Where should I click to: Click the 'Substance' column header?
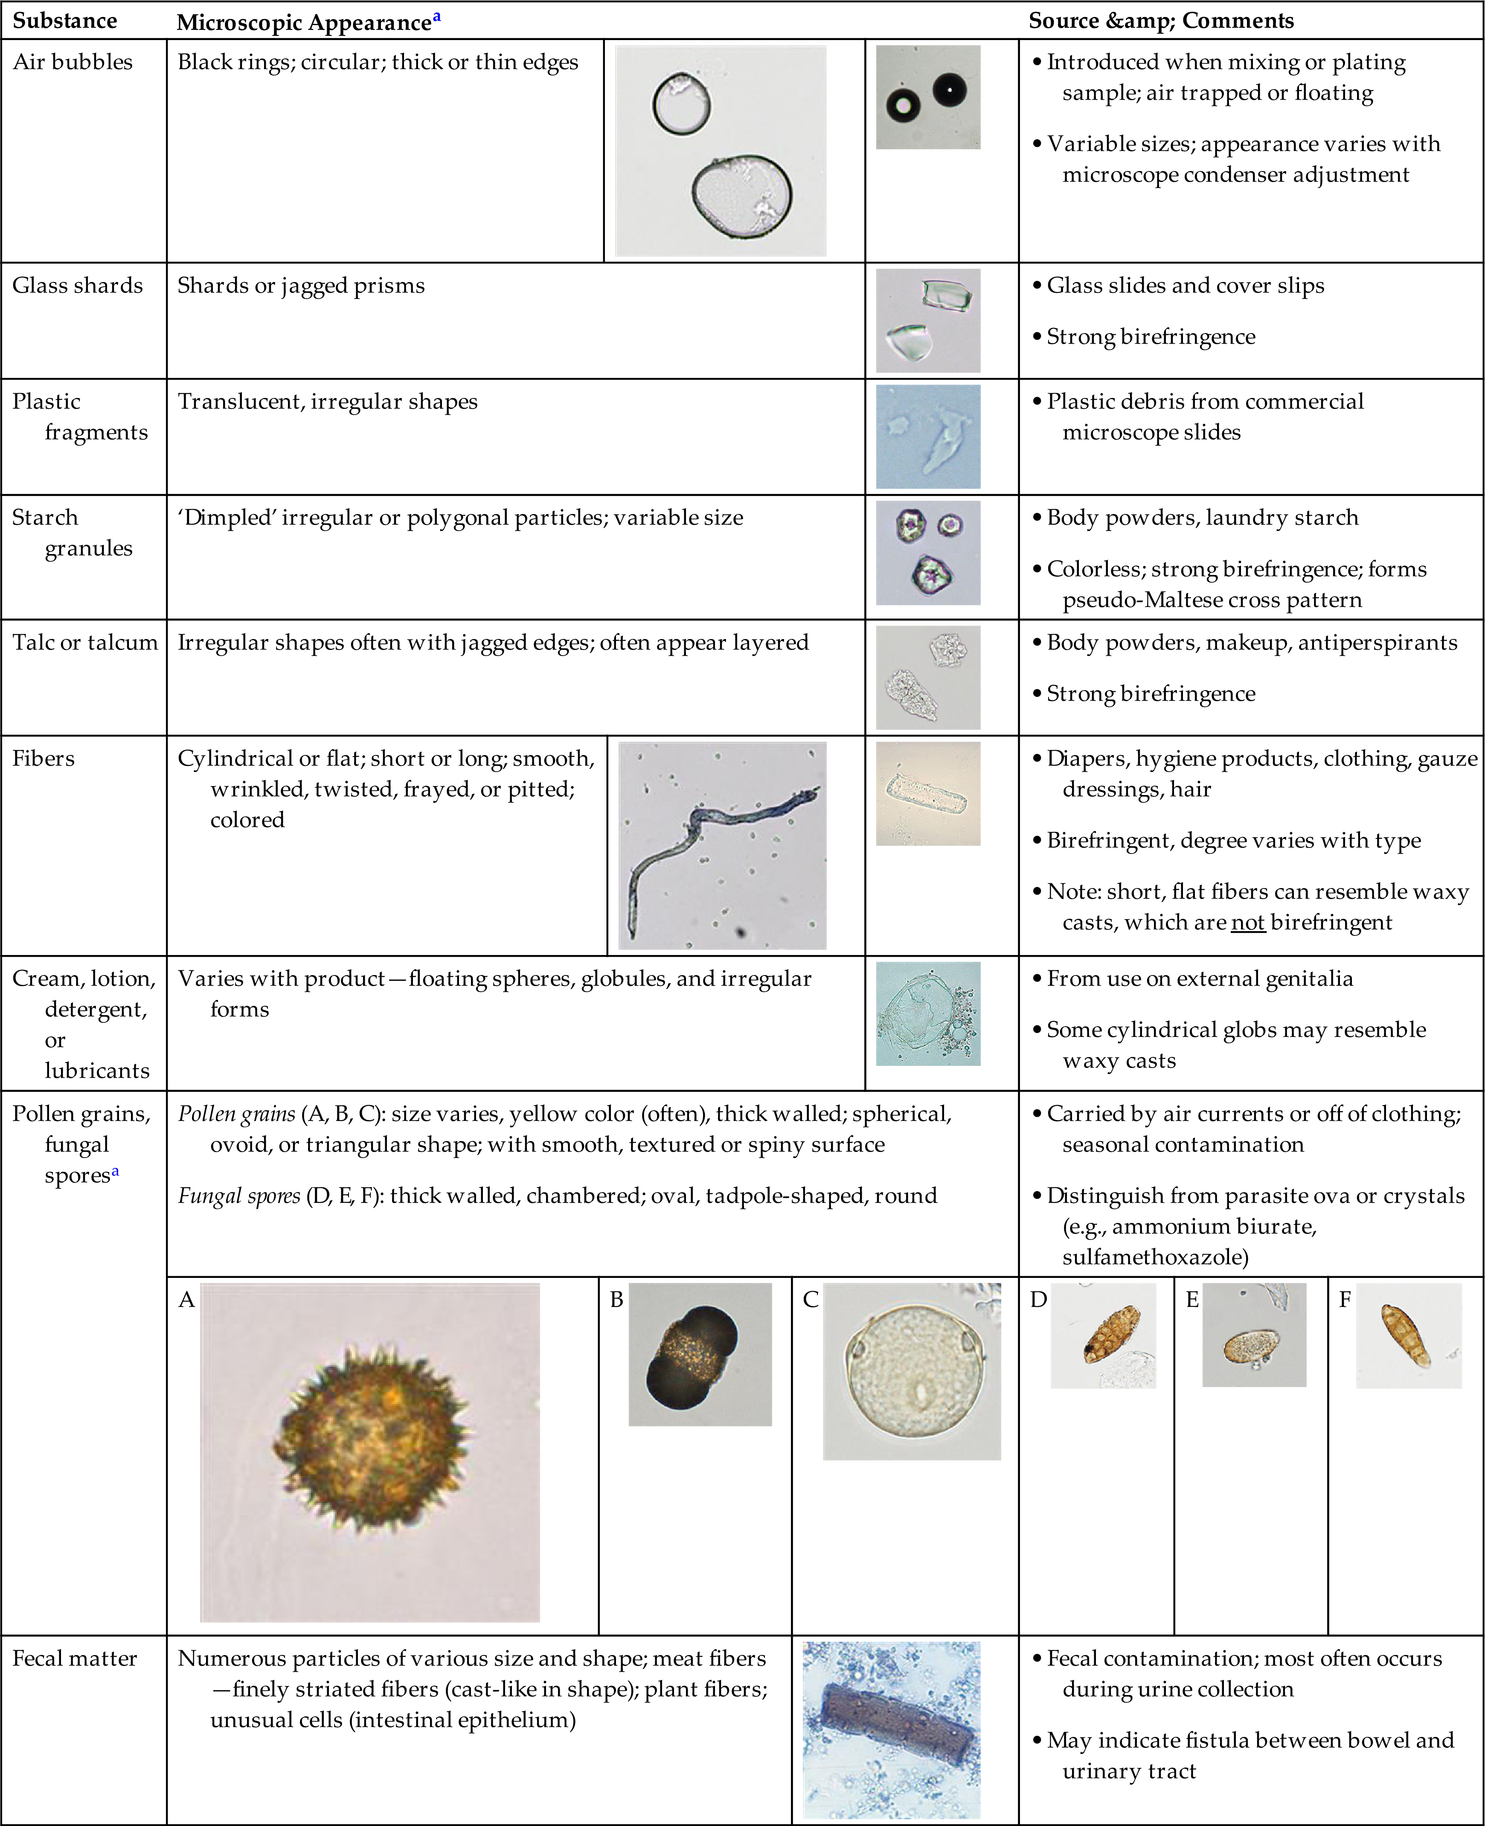click(65, 20)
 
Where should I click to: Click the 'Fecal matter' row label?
click(74, 1658)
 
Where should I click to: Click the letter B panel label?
click(616, 1300)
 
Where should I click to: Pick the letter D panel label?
click(1038, 1300)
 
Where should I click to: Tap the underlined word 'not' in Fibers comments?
click(1247, 922)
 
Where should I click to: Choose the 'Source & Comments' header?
click(1161, 20)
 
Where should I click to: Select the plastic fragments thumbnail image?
click(928, 437)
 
